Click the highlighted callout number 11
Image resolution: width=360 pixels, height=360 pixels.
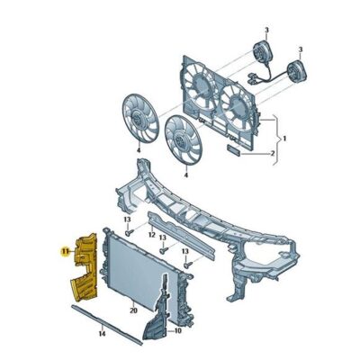(65, 251)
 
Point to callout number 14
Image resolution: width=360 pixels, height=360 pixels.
(102, 334)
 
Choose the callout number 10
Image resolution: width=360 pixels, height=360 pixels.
(178, 331)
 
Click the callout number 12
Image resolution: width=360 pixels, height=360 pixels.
(152, 235)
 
